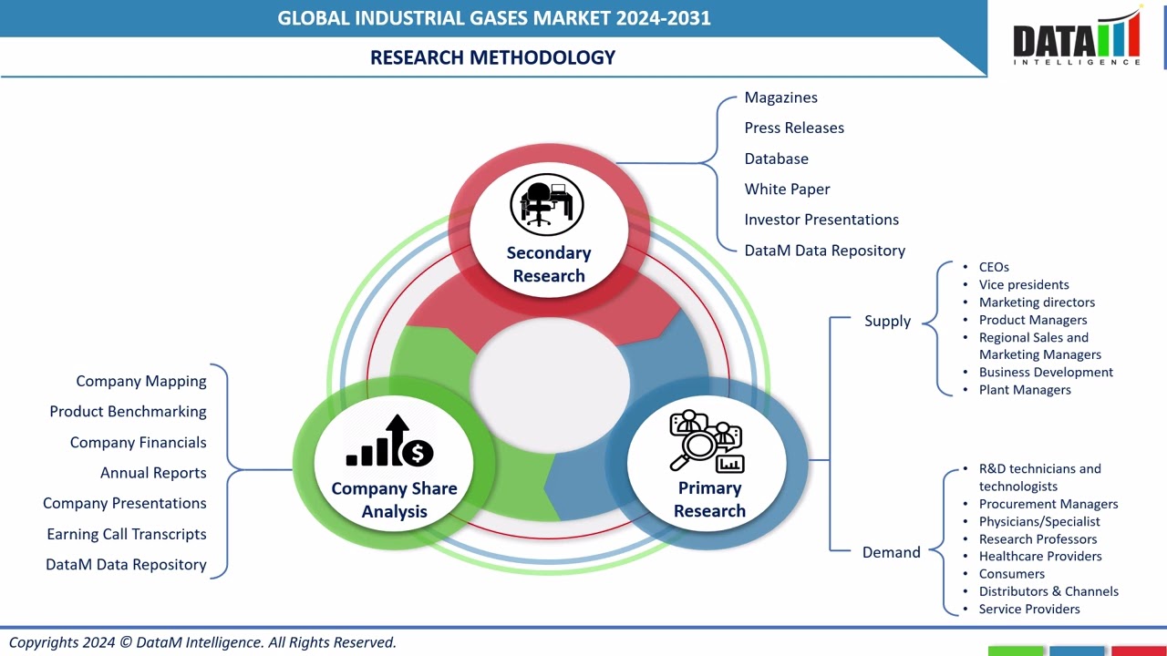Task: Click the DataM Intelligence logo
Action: (1077, 39)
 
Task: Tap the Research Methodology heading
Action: (492, 57)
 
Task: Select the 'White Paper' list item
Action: (787, 190)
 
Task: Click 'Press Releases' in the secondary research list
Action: (794, 128)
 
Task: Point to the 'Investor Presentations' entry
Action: (821, 220)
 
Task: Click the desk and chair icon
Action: (546, 204)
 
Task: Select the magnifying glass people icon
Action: (707, 442)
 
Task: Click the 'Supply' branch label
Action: (887, 321)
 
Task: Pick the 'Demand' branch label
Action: (891, 552)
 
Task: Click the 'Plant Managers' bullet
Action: (1025, 390)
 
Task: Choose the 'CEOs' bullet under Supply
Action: (994, 267)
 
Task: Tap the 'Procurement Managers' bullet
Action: (1048, 504)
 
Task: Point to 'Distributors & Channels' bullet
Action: (1048, 591)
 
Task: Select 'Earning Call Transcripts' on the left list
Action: (127, 535)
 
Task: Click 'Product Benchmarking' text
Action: (128, 412)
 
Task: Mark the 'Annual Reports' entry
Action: (153, 473)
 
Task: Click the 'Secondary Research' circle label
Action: (549, 264)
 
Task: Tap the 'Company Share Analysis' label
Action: (394, 500)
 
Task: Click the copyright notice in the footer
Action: (202, 642)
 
